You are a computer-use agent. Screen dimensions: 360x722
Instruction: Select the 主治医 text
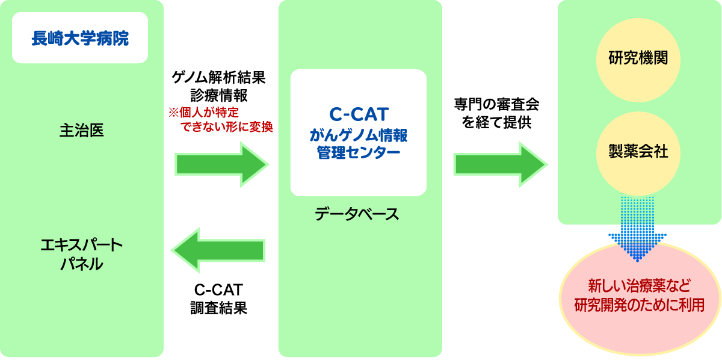82,130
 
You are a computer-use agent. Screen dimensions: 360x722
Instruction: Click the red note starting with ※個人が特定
220,119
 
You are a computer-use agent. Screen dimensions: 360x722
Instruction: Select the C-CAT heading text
359,114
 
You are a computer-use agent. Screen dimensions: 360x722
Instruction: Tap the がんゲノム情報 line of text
359,134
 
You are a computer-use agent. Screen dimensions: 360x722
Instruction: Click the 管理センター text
359,152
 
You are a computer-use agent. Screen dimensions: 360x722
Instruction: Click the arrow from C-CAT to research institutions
499,164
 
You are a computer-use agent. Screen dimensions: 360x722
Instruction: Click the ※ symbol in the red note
173,112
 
